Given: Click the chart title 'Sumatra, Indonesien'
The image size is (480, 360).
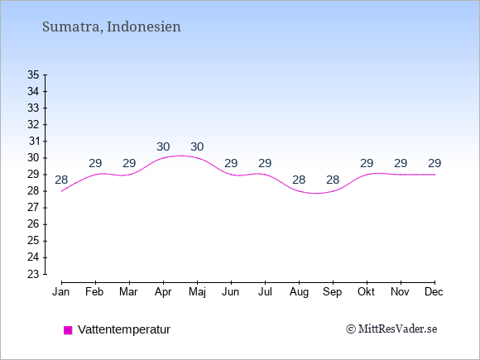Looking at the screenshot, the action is click(x=112, y=27).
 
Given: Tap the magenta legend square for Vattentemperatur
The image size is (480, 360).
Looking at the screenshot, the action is click(x=68, y=330).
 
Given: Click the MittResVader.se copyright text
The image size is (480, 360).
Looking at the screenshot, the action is click(x=391, y=329).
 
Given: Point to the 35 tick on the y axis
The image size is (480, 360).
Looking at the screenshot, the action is click(x=33, y=74).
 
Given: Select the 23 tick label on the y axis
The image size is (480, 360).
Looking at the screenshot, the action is click(x=33, y=274).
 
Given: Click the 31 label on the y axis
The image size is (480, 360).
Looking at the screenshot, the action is click(x=34, y=142).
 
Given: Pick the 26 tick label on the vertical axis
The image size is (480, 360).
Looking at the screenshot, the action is click(x=33, y=224).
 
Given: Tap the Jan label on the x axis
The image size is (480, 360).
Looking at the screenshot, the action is click(x=61, y=292).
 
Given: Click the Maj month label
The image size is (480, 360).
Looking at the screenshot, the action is click(x=197, y=292).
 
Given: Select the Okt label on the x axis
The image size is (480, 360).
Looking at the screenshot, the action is click(x=366, y=292).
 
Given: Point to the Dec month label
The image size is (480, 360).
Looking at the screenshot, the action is click(x=434, y=292).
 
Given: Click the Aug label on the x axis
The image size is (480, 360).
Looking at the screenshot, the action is click(x=299, y=292).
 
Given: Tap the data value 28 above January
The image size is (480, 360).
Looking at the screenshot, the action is click(x=61, y=180).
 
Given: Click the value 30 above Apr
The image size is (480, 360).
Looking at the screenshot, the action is click(x=163, y=146).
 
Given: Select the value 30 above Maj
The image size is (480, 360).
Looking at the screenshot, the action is click(x=197, y=146).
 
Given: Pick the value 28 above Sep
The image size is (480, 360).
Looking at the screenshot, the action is click(x=333, y=180).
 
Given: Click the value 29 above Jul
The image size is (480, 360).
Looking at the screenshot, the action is click(x=265, y=163).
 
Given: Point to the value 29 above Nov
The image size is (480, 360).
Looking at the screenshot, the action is click(x=401, y=163).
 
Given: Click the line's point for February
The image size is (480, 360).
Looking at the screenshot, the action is click(x=95, y=175).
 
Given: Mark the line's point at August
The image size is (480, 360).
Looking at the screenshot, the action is click(x=299, y=191).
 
